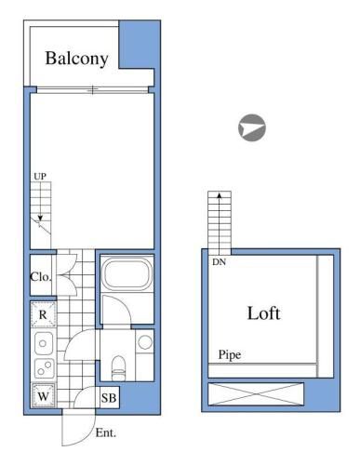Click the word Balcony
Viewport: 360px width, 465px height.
point(77,59)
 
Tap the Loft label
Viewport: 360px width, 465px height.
point(264,313)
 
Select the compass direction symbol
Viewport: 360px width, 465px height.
point(252,127)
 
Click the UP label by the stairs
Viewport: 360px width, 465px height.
point(40,177)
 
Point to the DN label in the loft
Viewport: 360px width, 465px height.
point(219,262)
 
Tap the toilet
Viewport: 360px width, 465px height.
point(118,368)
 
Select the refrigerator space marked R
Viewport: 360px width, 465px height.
point(43,314)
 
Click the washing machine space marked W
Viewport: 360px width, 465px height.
point(44,395)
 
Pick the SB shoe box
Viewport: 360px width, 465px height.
point(109,397)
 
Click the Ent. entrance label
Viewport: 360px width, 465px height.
point(106,433)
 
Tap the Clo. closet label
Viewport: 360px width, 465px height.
point(41,276)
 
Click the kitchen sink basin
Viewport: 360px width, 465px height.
point(44,343)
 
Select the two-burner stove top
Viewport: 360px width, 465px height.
point(44,368)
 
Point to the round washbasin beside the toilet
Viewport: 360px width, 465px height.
point(145,342)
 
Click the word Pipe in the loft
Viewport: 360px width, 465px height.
point(230,355)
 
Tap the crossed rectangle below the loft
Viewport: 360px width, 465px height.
point(256,394)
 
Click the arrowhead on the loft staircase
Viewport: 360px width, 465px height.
point(220,195)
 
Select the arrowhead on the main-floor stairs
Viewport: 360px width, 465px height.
point(40,218)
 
